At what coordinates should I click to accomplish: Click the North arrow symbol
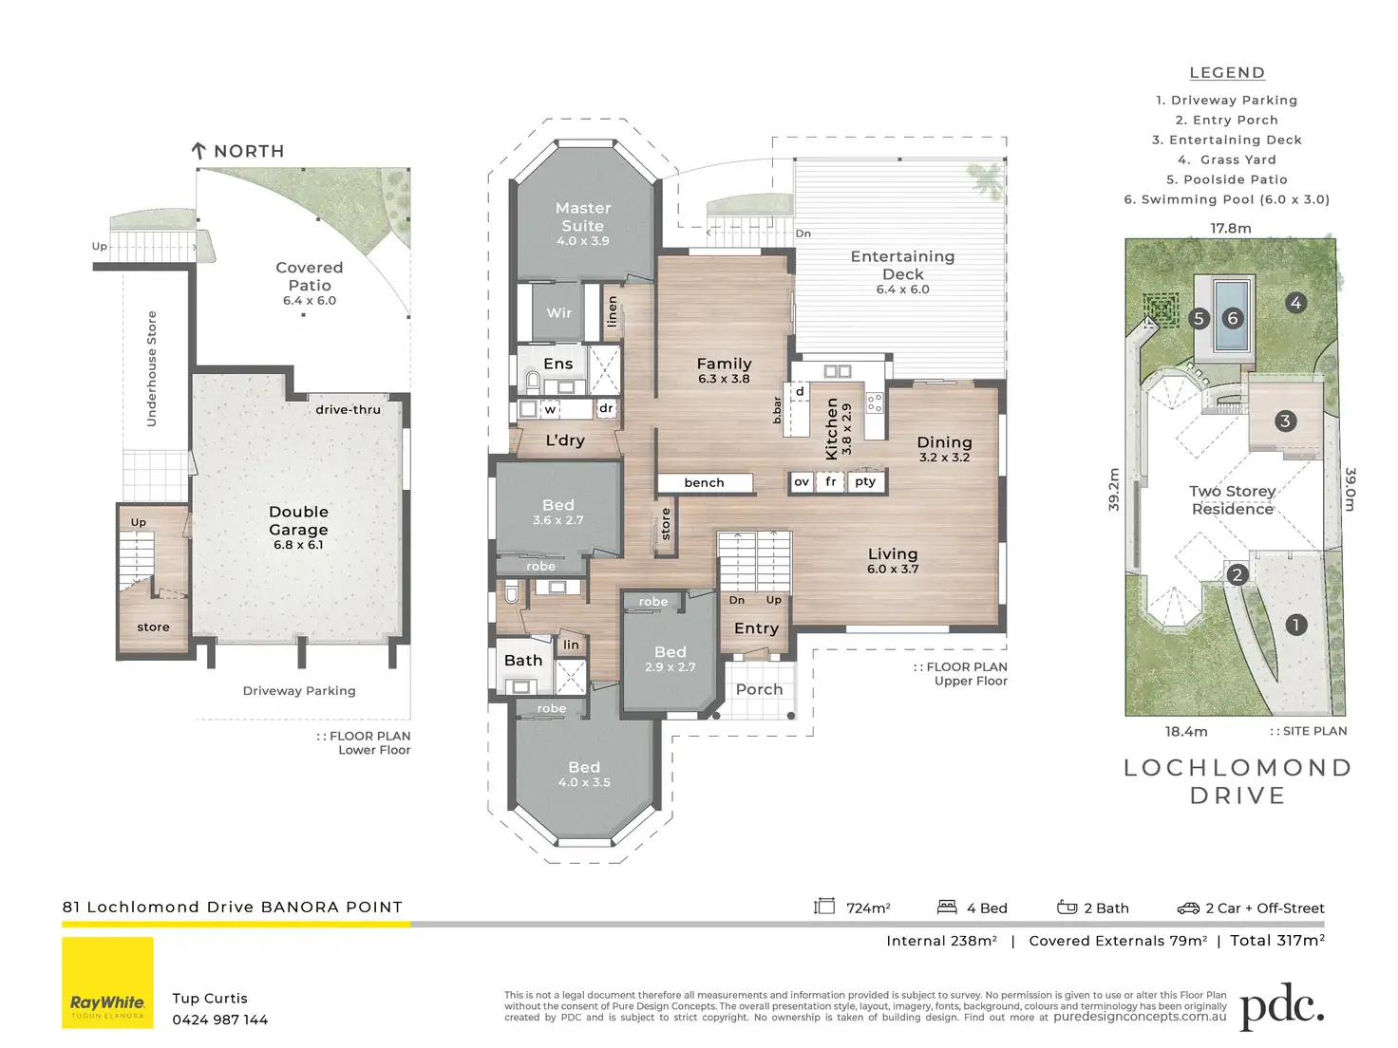(x=198, y=151)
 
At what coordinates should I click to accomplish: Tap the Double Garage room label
(x=298, y=520)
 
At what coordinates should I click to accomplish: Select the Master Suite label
(x=583, y=217)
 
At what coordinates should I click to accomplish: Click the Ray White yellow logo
(x=107, y=982)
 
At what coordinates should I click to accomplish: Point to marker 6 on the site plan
(x=1233, y=318)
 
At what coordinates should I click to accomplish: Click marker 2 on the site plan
(x=1237, y=574)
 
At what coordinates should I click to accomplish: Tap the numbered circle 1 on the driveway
(x=1295, y=625)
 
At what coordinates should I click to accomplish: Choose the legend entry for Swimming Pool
(x=1227, y=199)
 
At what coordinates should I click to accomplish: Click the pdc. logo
(x=1281, y=1006)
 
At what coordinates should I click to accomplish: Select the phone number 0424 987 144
(x=219, y=1020)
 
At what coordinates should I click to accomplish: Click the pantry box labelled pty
(x=865, y=481)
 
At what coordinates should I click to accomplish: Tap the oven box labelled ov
(x=802, y=481)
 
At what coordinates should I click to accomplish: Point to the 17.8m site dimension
(x=1231, y=228)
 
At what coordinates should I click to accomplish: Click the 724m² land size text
(x=868, y=908)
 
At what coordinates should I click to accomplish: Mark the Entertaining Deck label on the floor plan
(x=902, y=266)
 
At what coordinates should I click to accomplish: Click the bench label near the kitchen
(x=704, y=483)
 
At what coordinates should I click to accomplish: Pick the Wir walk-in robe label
(x=558, y=313)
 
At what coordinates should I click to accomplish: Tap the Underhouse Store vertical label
(x=152, y=368)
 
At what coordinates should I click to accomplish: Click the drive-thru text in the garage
(x=348, y=410)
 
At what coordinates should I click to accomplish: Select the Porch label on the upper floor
(x=759, y=689)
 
